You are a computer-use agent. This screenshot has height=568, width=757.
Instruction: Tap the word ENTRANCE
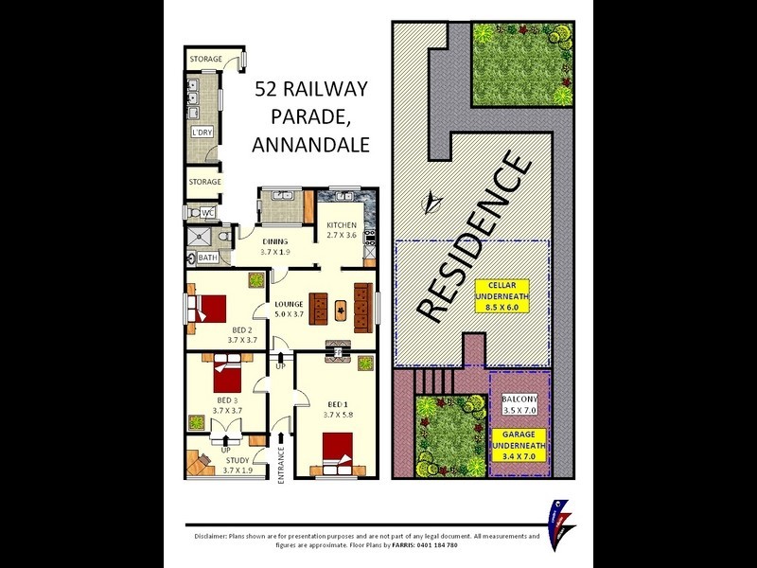(x=281, y=465)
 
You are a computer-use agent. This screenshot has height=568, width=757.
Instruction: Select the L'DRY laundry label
(x=201, y=133)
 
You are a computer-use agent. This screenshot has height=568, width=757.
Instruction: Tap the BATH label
(x=207, y=257)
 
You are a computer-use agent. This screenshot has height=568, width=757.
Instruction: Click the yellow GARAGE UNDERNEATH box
(x=519, y=450)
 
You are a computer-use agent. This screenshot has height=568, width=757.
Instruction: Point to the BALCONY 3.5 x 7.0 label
(x=519, y=405)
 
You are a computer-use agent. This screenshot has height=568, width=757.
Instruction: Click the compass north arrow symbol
(x=432, y=201)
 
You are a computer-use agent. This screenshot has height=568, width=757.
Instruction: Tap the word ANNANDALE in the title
(x=310, y=145)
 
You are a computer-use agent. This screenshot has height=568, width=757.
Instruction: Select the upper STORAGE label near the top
(x=205, y=60)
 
